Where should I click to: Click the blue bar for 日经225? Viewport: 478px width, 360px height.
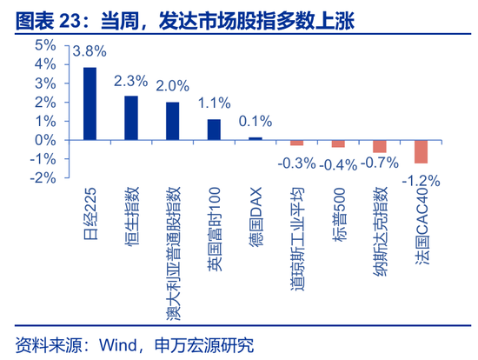click(x=90, y=103)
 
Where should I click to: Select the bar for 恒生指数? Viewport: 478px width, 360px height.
click(x=131, y=117)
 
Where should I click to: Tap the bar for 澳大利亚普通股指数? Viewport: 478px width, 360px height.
click(x=172, y=121)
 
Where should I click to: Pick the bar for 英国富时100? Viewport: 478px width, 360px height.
click(x=214, y=129)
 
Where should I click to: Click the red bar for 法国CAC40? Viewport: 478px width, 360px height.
click(x=421, y=151)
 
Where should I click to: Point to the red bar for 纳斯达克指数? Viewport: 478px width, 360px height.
click(x=380, y=146)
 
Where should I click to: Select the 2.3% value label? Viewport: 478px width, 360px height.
click(x=131, y=81)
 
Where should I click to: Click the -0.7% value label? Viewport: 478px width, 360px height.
click(x=379, y=162)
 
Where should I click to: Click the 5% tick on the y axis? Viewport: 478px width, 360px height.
click(x=44, y=45)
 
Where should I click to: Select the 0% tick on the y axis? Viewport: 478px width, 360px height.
click(x=44, y=139)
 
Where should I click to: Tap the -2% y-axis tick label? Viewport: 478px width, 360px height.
click(x=41, y=177)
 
